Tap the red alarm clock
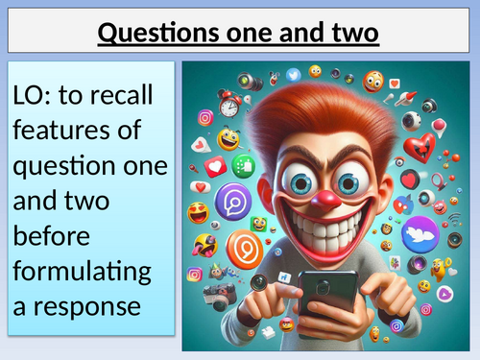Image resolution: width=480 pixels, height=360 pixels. pyautogui.click(x=228, y=104)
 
